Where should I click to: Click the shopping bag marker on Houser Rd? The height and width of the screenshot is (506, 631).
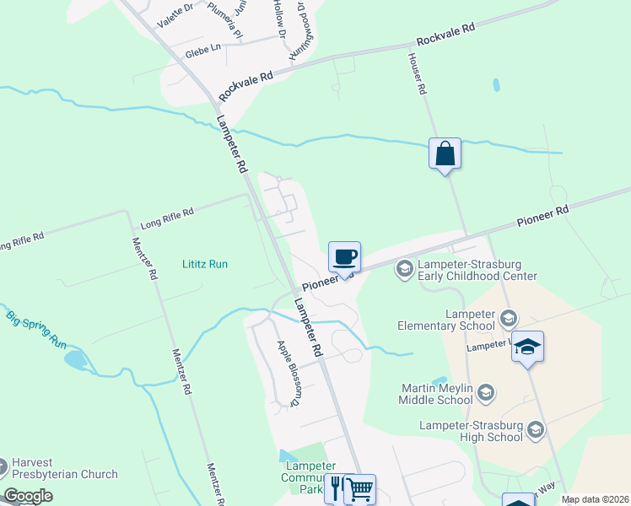click(x=445, y=154)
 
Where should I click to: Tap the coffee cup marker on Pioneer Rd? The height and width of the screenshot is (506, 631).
click(x=344, y=257)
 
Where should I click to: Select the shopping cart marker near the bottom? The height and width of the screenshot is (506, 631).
click(x=360, y=488)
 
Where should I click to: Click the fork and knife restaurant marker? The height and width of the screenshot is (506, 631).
click(x=337, y=488)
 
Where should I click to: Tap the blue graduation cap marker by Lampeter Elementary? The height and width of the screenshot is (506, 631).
click(x=527, y=347)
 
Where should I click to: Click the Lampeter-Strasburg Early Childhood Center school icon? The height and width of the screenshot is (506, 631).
click(x=404, y=269)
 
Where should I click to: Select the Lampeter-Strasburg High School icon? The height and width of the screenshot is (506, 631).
click(x=535, y=431)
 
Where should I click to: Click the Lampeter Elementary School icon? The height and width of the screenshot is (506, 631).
click(x=508, y=319)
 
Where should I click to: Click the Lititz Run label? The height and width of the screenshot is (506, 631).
click(x=205, y=264)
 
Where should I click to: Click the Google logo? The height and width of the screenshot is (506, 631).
click(x=27, y=495)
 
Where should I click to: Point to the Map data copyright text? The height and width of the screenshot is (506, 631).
click(x=595, y=499)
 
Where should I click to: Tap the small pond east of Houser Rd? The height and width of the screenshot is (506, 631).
click(x=496, y=85)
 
